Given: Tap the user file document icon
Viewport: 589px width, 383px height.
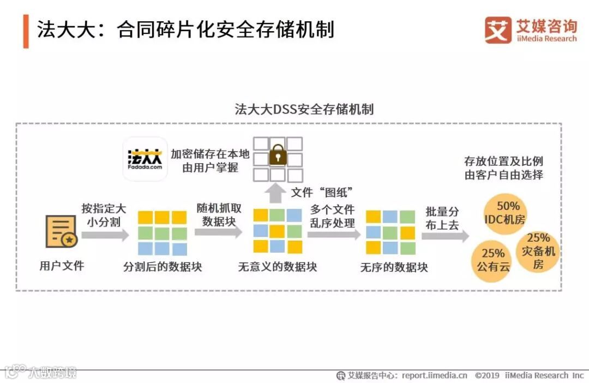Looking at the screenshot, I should tap(61, 232).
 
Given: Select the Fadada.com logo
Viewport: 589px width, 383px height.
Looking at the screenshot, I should tap(145, 158).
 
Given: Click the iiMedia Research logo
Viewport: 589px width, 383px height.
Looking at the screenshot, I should tap(530, 30).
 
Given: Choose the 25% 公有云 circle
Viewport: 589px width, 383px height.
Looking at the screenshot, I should tap(492, 260).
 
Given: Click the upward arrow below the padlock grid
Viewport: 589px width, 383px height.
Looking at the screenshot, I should tap(278, 191).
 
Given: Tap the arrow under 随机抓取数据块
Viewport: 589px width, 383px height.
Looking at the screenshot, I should tap(218, 232).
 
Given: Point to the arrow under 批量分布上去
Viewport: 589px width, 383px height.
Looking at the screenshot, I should tap(445, 236).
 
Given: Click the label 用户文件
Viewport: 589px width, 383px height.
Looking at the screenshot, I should tap(62, 266).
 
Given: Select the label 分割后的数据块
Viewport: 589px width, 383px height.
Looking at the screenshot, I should tap(163, 267).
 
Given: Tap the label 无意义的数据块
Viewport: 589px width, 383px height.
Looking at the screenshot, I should tap(277, 267).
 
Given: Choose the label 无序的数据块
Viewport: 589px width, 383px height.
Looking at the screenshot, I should tap(394, 267).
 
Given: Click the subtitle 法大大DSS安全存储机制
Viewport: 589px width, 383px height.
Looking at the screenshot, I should tap(304, 109).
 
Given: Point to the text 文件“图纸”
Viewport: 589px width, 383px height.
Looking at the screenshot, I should tap(323, 192).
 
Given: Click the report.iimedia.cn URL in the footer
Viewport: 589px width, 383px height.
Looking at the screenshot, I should tap(434, 375).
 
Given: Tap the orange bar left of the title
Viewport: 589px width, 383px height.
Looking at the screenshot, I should tap(26, 31).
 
